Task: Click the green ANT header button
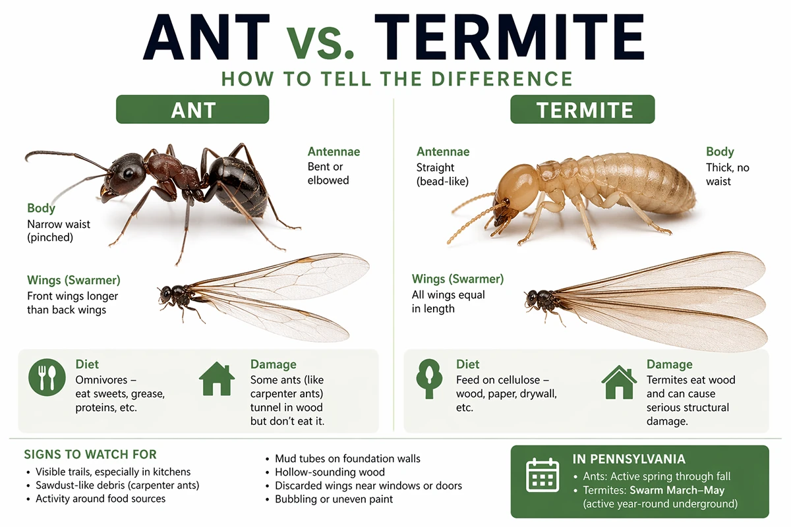tap(192, 109)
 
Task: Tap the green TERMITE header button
tap(583, 109)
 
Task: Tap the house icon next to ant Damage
tap(217, 379)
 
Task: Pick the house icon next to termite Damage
tap(619, 382)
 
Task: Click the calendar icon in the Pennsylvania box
tap(542, 475)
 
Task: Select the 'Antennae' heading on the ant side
tap(334, 152)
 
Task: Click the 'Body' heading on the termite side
tap(720, 152)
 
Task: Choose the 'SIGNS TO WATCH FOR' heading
tap(90, 455)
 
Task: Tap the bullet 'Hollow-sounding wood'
tap(330, 472)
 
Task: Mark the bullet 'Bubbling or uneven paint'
tap(334, 499)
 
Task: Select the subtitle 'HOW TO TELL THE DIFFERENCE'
tap(397, 79)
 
